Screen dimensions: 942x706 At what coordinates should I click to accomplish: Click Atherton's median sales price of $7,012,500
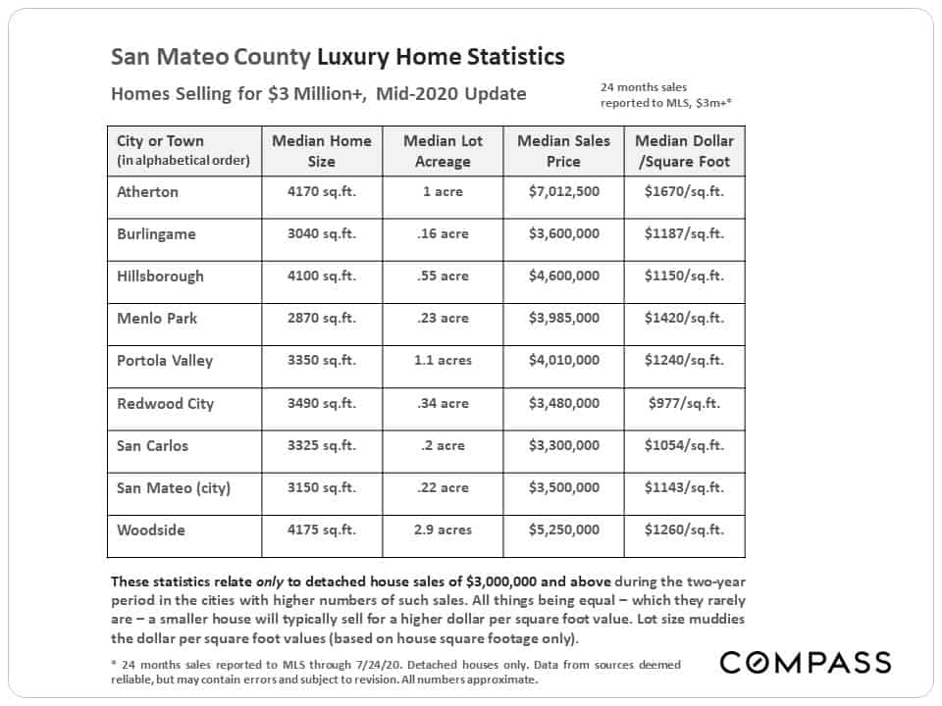(563, 191)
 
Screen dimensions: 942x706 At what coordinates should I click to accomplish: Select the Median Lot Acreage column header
(443, 151)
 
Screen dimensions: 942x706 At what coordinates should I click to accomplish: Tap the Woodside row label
(151, 530)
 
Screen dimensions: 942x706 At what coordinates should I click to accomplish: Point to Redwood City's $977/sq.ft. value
(684, 403)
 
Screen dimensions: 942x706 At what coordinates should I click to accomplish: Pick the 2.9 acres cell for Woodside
(443, 530)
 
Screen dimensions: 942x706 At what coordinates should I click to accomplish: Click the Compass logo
(805, 662)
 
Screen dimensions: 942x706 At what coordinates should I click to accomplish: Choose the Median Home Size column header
(322, 151)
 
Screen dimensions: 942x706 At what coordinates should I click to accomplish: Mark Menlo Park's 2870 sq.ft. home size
(322, 318)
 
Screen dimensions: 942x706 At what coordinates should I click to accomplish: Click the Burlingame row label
(156, 234)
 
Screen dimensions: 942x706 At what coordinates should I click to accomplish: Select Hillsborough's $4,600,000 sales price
(563, 277)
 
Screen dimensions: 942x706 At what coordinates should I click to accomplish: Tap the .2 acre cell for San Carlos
(443, 445)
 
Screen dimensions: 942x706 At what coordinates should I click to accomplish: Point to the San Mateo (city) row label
(174, 488)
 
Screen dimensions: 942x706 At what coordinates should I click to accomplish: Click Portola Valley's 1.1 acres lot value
(443, 360)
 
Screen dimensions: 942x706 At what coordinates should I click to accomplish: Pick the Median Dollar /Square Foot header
(684, 151)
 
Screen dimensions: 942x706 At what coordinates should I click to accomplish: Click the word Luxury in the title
(353, 57)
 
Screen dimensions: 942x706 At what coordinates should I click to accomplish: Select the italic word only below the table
(269, 581)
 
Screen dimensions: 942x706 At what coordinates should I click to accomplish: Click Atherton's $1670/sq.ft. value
(684, 191)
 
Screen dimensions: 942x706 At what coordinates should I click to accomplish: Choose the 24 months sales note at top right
(665, 95)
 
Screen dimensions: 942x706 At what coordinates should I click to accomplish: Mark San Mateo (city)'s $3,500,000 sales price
(563, 487)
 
